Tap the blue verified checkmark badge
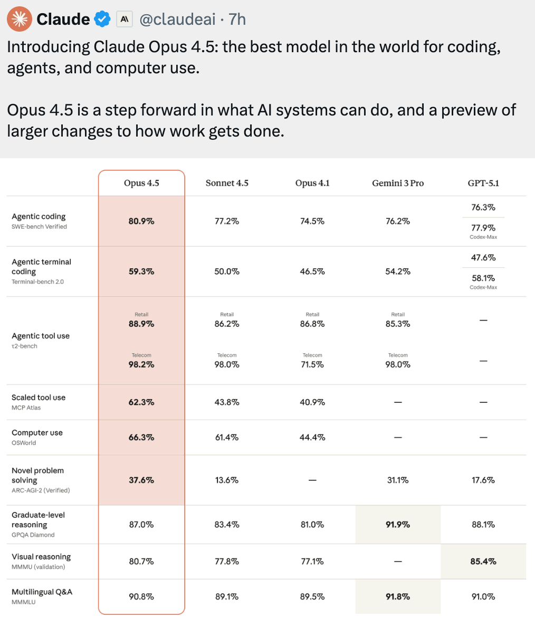pyautogui.click(x=101, y=20)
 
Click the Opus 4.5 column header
pyautogui.click(x=141, y=183)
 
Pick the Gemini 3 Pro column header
pyautogui.click(x=397, y=183)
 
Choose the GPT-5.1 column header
pyautogui.click(x=483, y=183)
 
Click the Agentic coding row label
pyautogui.click(x=39, y=216)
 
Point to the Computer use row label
pyautogui.click(x=37, y=432)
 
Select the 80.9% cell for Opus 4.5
pyautogui.click(x=141, y=221)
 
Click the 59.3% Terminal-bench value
pyautogui.click(x=141, y=272)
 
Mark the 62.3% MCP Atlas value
pyautogui.click(x=141, y=402)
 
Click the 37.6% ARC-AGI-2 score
pyautogui.click(x=141, y=480)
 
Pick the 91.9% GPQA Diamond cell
pyautogui.click(x=397, y=525)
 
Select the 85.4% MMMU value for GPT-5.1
pyautogui.click(x=483, y=562)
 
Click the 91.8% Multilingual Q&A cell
pyautogui.click(x=397, y=597)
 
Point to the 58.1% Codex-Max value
pyautogui.click(x=483, y=277)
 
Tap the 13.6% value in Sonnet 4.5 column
pyautogui.click(x=227, y=480)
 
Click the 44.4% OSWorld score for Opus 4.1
pyautogui.click(x=312, y=437)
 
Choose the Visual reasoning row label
pyautogui.click(x=41, y=557)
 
